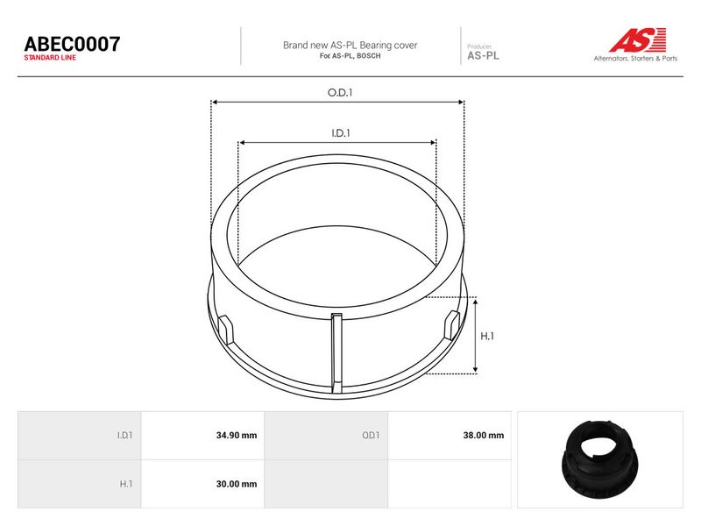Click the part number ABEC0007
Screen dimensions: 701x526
click(72, 44)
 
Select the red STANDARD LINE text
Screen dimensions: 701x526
click(50, 58)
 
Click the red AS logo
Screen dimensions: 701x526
click(638, 39)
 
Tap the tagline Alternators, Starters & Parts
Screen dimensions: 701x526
click(635, 58)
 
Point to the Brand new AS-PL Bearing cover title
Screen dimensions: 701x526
click(350, 46)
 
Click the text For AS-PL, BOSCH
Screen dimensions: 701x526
click(350, 56)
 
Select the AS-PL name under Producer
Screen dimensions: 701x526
click(483, 56)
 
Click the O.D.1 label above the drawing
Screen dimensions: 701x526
click(340, 93)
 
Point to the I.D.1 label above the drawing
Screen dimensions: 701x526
click(341, 133)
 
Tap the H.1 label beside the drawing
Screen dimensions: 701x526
click(487, 336)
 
